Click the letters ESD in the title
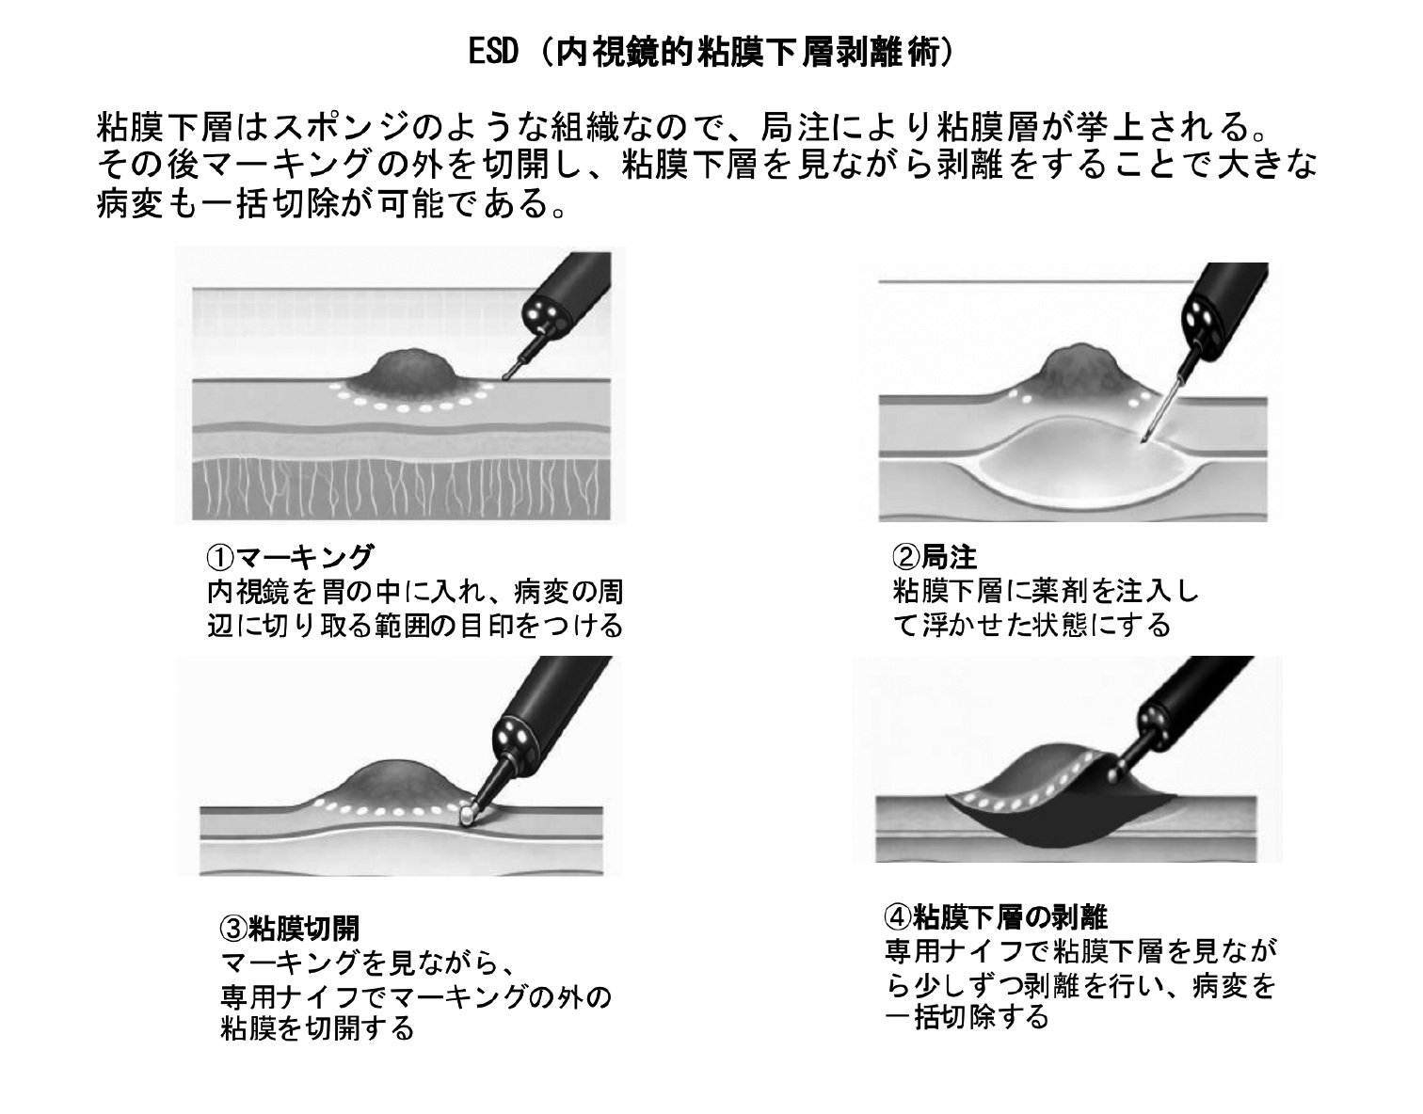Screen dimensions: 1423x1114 [x=493, y=52]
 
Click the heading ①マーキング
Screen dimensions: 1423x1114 [x=290, y=557]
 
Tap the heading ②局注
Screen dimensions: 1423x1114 [x=934, y=557]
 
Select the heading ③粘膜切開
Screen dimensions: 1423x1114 [x=290, y=928]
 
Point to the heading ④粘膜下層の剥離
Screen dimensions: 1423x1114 [x=996, y=917]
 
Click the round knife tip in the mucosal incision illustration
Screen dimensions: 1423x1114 [x=468, y=816]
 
